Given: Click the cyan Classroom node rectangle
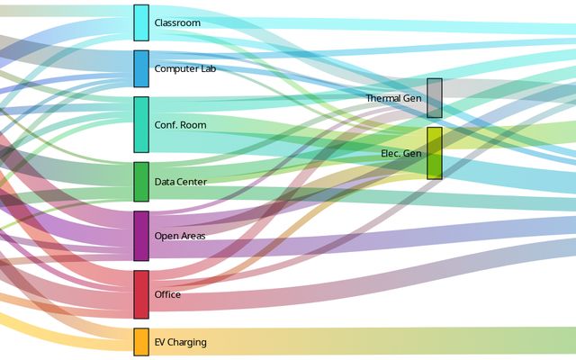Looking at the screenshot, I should (141, 22).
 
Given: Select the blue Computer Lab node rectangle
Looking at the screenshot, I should (141, 68).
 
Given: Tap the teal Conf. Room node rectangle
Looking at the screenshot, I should (141, 124).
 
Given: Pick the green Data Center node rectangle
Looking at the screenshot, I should (141, 181).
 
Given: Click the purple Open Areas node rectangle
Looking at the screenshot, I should (141, 236).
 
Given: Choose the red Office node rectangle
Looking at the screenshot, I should (141, 294).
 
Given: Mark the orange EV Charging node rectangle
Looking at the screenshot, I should (141, 342).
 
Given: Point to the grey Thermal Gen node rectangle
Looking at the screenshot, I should (434, 97).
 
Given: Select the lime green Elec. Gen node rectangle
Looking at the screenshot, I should (434, 153).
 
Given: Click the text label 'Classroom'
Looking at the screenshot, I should (177, 22).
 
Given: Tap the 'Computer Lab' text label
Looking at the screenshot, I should (184, 68).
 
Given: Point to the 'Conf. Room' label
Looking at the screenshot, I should (180, 125).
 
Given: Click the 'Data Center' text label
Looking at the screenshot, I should (180, 182).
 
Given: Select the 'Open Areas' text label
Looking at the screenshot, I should (179, 236).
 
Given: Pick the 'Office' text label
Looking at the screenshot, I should (167, 294).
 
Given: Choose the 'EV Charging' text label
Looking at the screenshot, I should (180, 342).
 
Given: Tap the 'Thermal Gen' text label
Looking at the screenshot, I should (393, 97).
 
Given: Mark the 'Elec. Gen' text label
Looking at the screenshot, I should (400, 153).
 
